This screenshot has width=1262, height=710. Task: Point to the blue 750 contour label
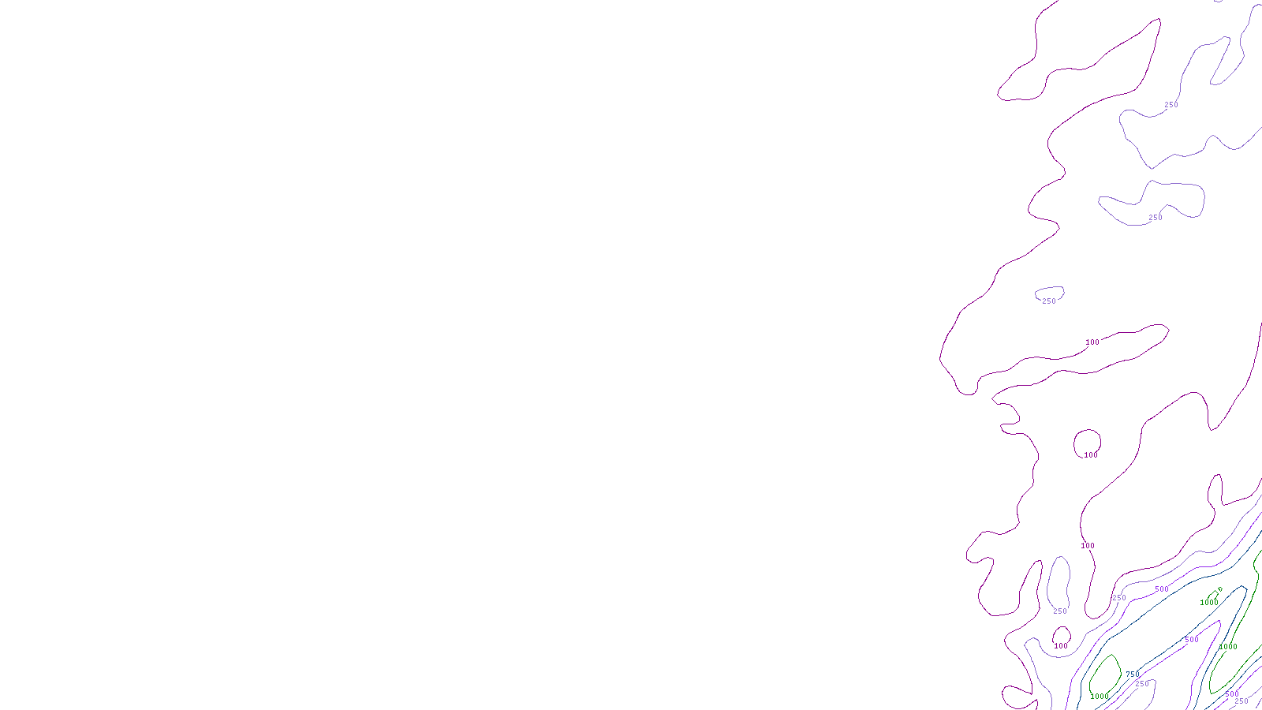1133,674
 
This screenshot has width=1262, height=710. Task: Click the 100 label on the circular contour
1091,455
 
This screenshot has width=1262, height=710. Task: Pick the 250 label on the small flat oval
1049,301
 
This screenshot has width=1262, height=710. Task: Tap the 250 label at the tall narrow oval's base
1060,611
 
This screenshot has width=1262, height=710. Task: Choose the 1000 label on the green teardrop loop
1100,697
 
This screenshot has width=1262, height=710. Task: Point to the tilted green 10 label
1219,590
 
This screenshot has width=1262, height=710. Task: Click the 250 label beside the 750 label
1142,684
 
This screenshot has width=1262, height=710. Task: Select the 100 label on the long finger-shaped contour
1092,342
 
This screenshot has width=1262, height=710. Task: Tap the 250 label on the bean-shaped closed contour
1156,218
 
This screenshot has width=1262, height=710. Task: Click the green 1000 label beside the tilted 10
1209,603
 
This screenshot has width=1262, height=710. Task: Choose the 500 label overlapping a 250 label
1232,694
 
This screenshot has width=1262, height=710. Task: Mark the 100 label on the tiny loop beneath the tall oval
1061,646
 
